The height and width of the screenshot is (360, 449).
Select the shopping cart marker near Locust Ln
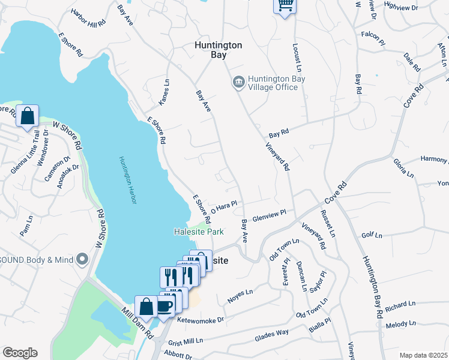point(286,6)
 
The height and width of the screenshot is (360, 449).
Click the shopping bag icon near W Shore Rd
point(28,115)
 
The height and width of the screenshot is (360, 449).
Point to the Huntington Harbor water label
point(127,180)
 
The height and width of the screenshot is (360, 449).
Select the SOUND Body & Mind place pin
point(83,259)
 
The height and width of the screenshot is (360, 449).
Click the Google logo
point(20,352)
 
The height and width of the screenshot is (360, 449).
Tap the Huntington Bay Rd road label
point(372,287)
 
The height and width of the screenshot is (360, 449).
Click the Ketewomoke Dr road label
point(200,320)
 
